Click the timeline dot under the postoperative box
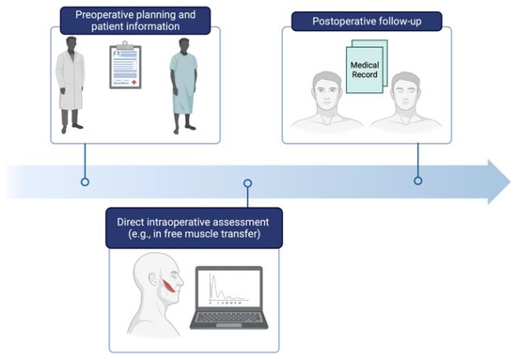point(417,180)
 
